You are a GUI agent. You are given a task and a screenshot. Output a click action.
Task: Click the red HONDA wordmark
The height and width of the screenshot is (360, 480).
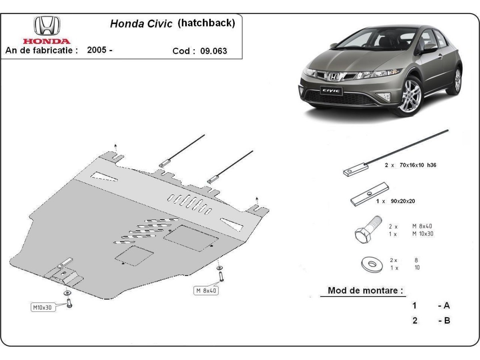coord(47,41)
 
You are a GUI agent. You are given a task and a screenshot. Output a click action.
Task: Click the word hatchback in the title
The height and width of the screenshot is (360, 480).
coord(206,23)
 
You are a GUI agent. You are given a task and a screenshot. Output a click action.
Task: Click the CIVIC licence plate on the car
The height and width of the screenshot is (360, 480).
coord(331,90)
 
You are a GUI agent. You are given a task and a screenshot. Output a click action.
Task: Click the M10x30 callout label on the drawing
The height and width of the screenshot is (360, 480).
coord(42,307)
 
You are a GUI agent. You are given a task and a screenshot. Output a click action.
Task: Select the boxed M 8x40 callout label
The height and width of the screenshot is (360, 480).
coord(206,291)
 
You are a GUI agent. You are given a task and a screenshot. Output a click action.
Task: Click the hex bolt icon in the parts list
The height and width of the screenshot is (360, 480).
coord(367,230)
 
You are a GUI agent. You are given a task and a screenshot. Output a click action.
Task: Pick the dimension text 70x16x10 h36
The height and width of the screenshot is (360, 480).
coord(416,165)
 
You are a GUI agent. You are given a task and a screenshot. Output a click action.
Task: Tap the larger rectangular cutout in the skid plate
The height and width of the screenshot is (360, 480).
coord(190,238)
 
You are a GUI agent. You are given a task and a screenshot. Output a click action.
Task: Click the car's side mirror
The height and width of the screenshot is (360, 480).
coord(429,47)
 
